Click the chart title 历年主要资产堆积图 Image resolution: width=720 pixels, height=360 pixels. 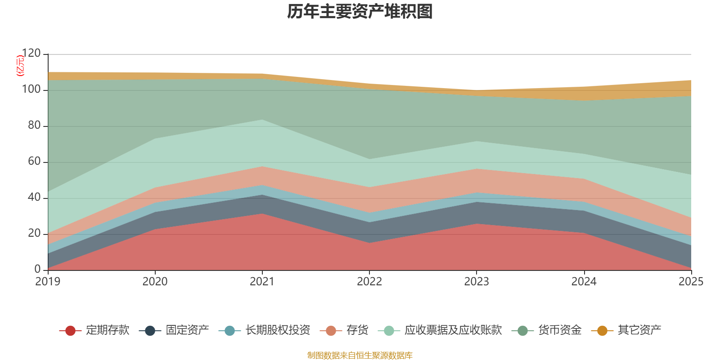click(360, 12)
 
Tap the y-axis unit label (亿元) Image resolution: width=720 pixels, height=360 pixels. click(20, 66)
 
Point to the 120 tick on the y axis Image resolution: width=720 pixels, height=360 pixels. click(31, 53)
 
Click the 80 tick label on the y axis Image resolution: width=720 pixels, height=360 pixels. click(34, 125)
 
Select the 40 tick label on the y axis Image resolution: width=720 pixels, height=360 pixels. click(34, 197)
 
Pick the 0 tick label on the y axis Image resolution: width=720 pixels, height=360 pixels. click(38, 269)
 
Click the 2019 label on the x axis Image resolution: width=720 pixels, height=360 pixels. click(48, 282)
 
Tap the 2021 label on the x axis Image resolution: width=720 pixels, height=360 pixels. click(262, 282)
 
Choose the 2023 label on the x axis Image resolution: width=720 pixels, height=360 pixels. click(477, 282)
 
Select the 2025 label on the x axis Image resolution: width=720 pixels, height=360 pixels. click(691, 282)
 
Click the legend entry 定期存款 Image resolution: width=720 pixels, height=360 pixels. click(94, 330)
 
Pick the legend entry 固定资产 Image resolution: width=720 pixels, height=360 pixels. click(174, 330)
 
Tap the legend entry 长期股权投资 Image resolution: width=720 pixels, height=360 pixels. click(264, 330)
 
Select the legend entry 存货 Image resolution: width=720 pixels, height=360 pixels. click(344, 330)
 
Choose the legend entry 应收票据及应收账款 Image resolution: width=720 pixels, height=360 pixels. click(440, 330)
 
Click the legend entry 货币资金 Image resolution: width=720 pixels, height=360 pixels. click(546, 330)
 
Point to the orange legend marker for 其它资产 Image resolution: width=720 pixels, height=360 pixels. click(602, 330)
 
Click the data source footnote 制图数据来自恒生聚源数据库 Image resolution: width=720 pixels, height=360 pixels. click(360, 355)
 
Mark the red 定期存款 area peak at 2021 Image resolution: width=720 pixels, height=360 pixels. click(262, 214)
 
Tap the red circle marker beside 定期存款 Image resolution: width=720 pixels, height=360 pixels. click(70, 330)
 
